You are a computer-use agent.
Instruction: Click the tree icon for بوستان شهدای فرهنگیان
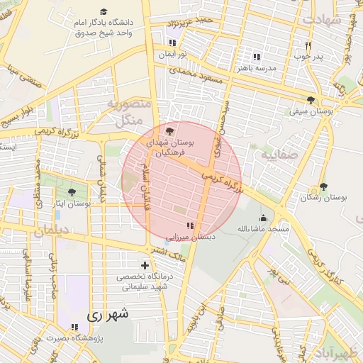coord(169,131)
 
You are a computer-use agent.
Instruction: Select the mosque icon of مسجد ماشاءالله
coord(264,218)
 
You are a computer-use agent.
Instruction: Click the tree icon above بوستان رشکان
coord(324,186)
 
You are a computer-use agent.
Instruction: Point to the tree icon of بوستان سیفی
coord(311,100)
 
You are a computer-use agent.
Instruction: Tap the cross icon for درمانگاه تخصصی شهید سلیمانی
coord(145,265)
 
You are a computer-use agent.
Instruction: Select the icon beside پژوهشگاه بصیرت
coord(74,327)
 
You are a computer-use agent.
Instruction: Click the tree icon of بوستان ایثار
coord(70,192)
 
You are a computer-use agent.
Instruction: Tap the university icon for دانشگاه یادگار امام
coord(104,11)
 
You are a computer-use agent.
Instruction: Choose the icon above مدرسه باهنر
coord(257,56)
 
